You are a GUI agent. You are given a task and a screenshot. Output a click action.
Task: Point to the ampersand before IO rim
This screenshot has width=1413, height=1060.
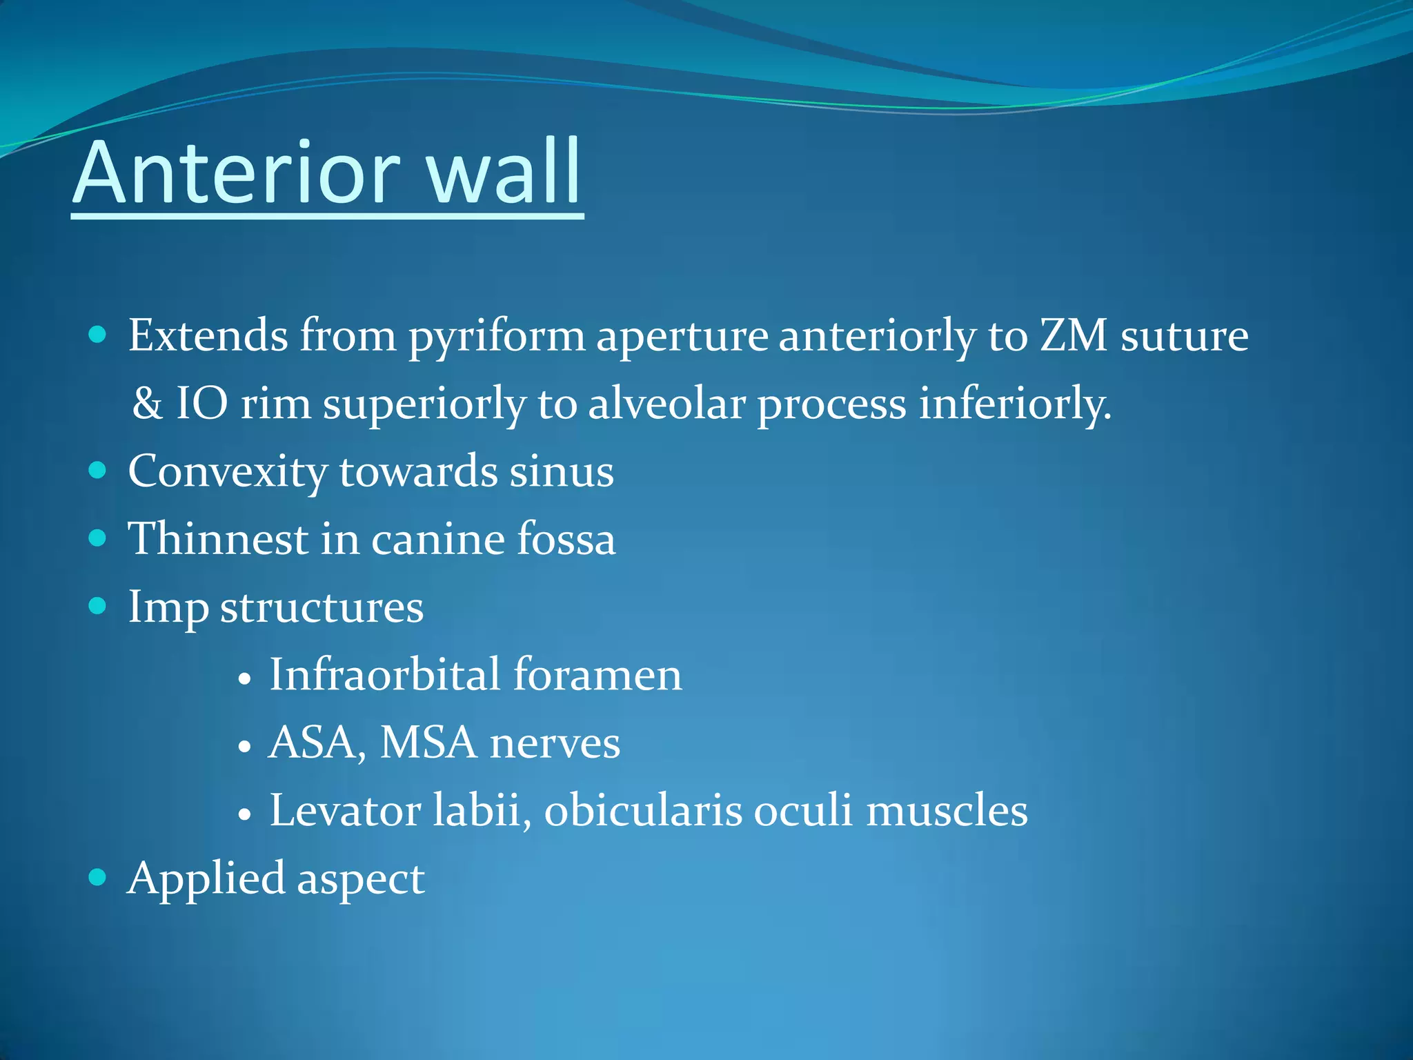147,404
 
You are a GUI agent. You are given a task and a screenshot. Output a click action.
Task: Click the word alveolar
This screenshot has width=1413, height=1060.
666,404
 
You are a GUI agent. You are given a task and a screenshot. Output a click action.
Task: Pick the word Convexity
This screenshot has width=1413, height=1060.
228,473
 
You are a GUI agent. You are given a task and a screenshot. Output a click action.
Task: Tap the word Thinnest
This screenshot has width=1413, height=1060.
219,539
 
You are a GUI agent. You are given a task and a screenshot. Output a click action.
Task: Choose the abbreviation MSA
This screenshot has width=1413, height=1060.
428,743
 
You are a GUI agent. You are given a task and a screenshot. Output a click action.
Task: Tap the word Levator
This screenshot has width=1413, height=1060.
345,810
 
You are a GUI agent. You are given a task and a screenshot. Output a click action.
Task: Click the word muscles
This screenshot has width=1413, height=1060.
947,810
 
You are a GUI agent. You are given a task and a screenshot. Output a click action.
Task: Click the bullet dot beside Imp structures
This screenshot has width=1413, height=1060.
98,607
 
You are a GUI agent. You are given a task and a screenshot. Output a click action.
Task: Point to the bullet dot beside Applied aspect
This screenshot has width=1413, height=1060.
98,878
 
